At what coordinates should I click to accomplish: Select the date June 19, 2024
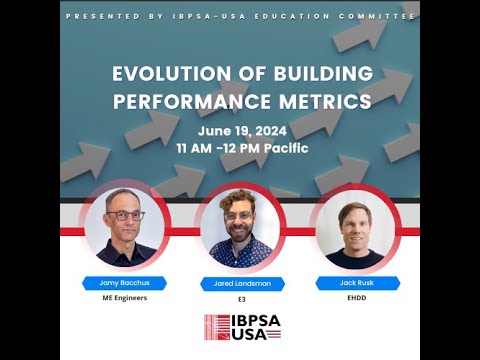pos(240,130)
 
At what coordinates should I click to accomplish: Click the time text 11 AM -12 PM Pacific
pos(240,148)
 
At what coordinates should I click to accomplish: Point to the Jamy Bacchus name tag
pos(125,282)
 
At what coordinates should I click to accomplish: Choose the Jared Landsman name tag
pos(239,284)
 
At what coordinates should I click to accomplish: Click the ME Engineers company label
pos(125,297)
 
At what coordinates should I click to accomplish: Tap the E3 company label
pos(239,298)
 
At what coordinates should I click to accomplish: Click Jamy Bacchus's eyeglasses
pos(126,214)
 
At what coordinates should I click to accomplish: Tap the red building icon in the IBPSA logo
pos(217,327)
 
